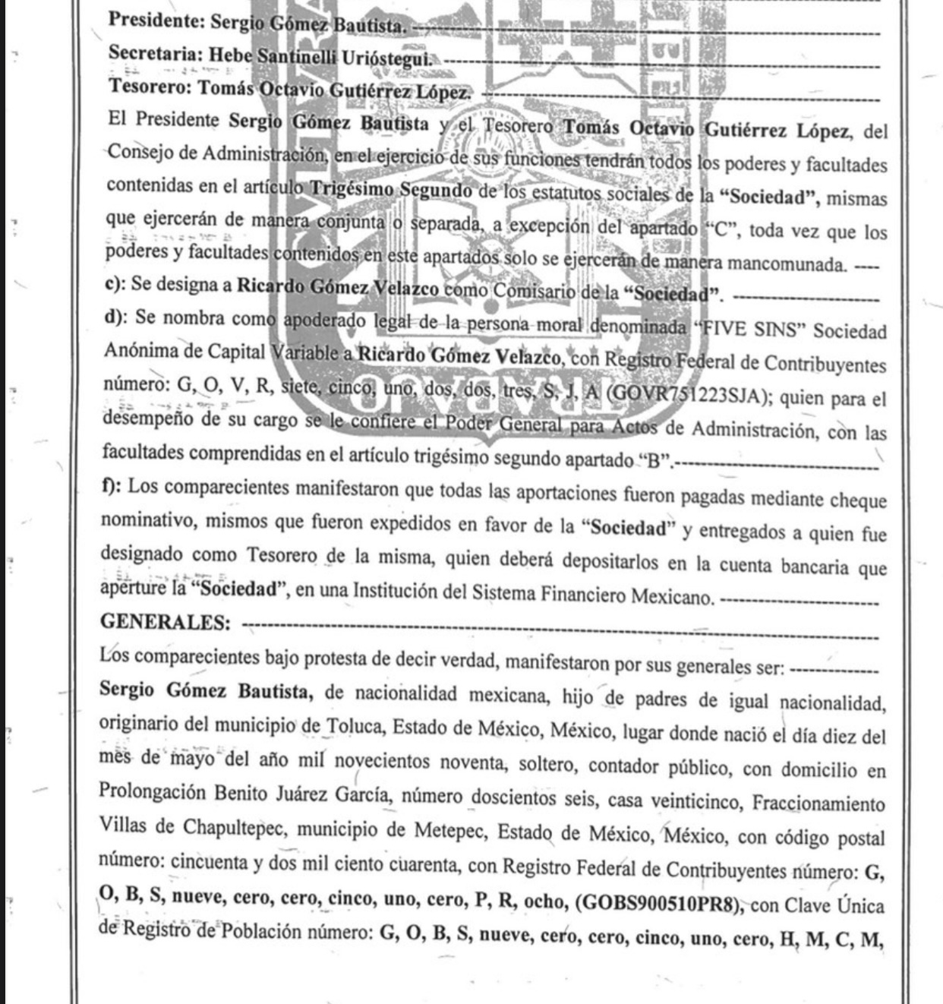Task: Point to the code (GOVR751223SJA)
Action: click(688, 396)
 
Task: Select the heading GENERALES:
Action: click(166, 622)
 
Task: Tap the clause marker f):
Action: click(111, 486)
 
